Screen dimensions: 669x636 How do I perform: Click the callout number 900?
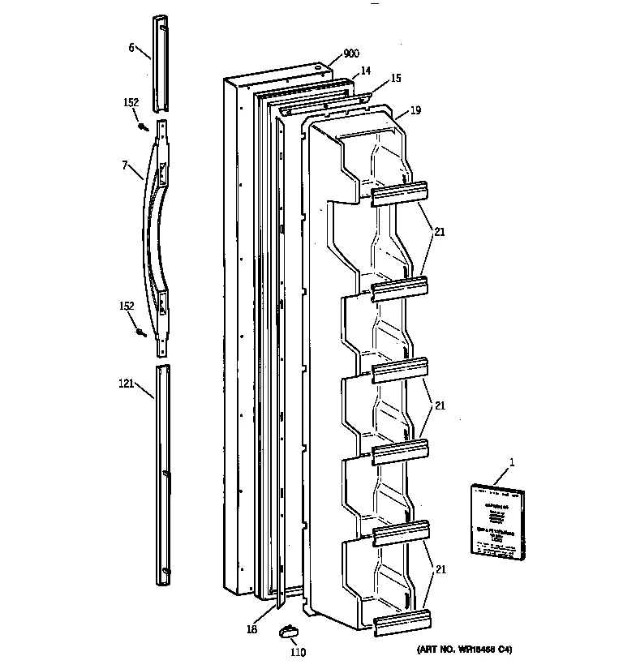point(351,54)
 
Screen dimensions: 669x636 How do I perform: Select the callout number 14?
point(366,71)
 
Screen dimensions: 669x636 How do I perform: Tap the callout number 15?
point(395,79)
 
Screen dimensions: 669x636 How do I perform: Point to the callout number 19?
point(415,109)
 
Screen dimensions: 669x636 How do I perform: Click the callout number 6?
point(131,47)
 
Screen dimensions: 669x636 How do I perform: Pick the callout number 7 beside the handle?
point(125,165)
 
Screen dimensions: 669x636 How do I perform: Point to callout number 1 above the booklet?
point(512,462)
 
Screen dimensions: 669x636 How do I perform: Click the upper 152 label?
point(131,103)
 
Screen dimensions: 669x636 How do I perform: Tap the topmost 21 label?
point(439,232)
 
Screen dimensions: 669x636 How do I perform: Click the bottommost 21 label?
point(439,569)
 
